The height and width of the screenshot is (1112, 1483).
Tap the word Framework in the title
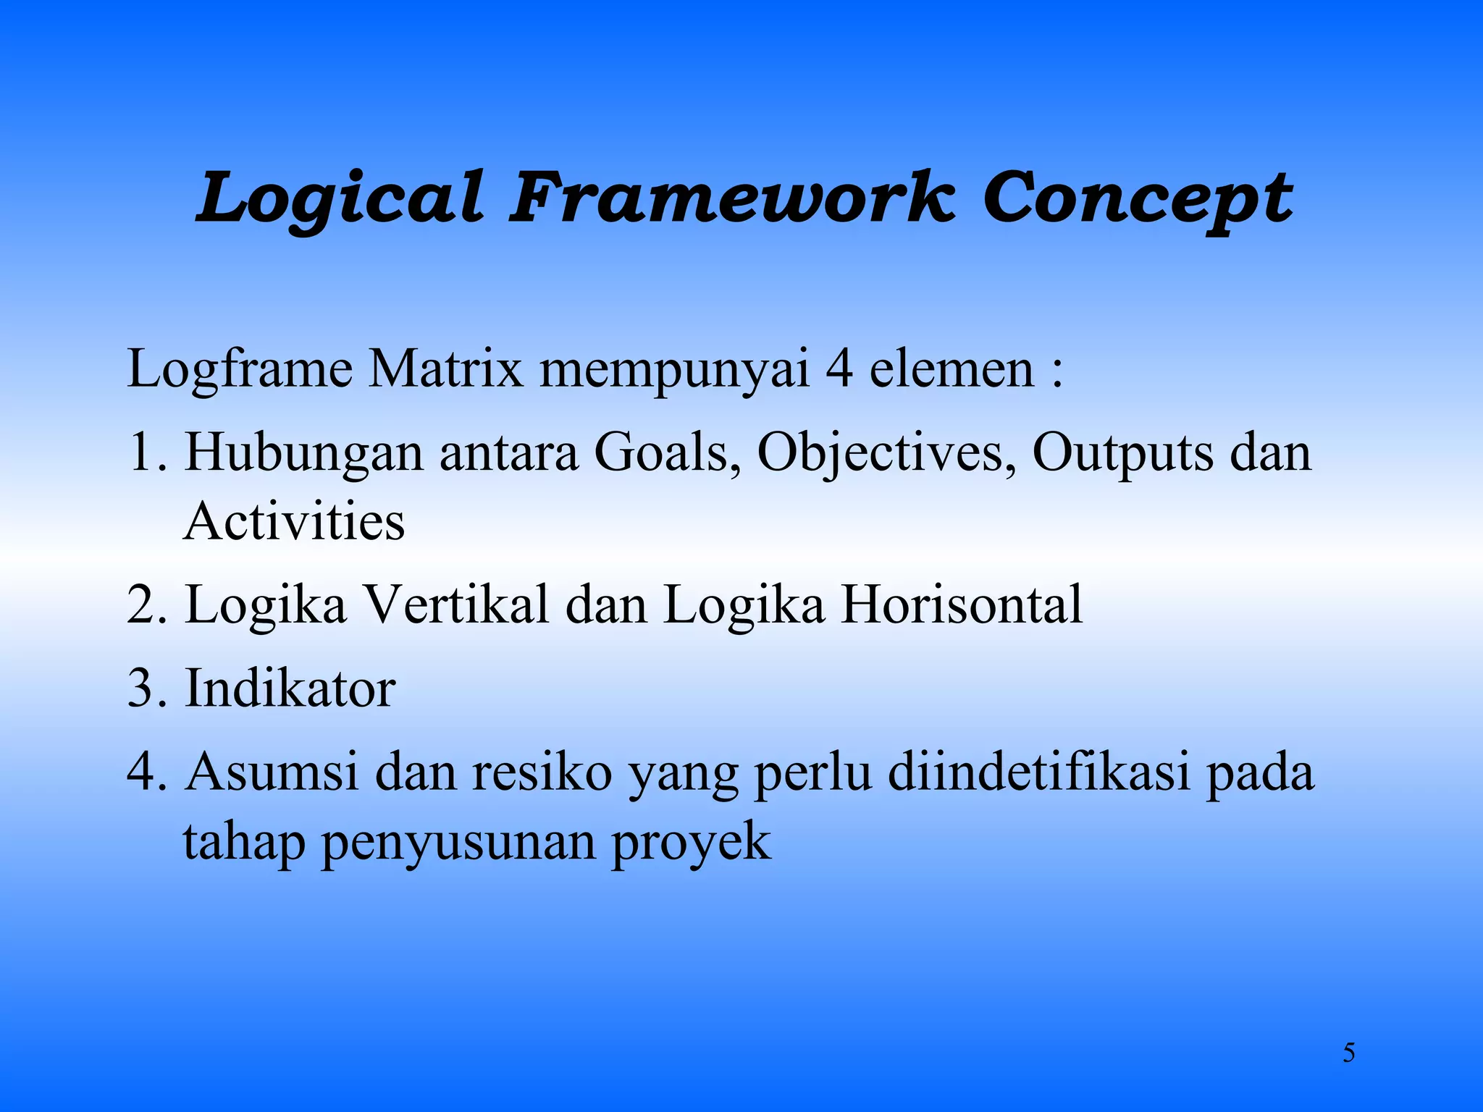[x=731, y=197]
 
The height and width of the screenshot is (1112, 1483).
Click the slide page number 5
[x=1348, y=1053]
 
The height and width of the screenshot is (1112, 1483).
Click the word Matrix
[x=445, y=369]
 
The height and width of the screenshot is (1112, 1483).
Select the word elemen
[x=951, y=369]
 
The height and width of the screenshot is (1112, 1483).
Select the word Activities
[x=294, y=521]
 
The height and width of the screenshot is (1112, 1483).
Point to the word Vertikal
[x=455, y=605]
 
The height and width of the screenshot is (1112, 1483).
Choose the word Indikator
[x=290, y=688]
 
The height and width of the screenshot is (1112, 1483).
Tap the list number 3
[x=142, y=688]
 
